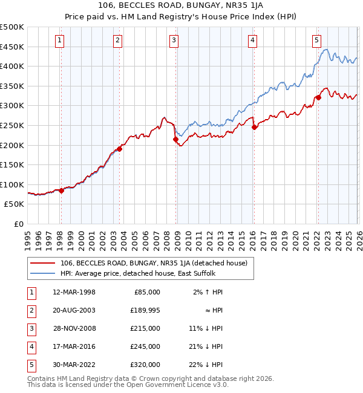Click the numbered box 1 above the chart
pos(60,41)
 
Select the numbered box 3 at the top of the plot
pos(174,41)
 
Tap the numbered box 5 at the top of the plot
pos(316,41)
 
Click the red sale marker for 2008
pos(176,139)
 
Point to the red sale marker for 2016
pos(254,127)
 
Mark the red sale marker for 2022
pos(318,97)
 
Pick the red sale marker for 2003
pos(120,149)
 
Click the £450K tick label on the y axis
pos(12,47)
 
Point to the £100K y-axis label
pos(12,184)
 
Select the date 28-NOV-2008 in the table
pos(74,328)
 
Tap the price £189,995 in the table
pos(144,310)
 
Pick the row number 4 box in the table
pos(30,346)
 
